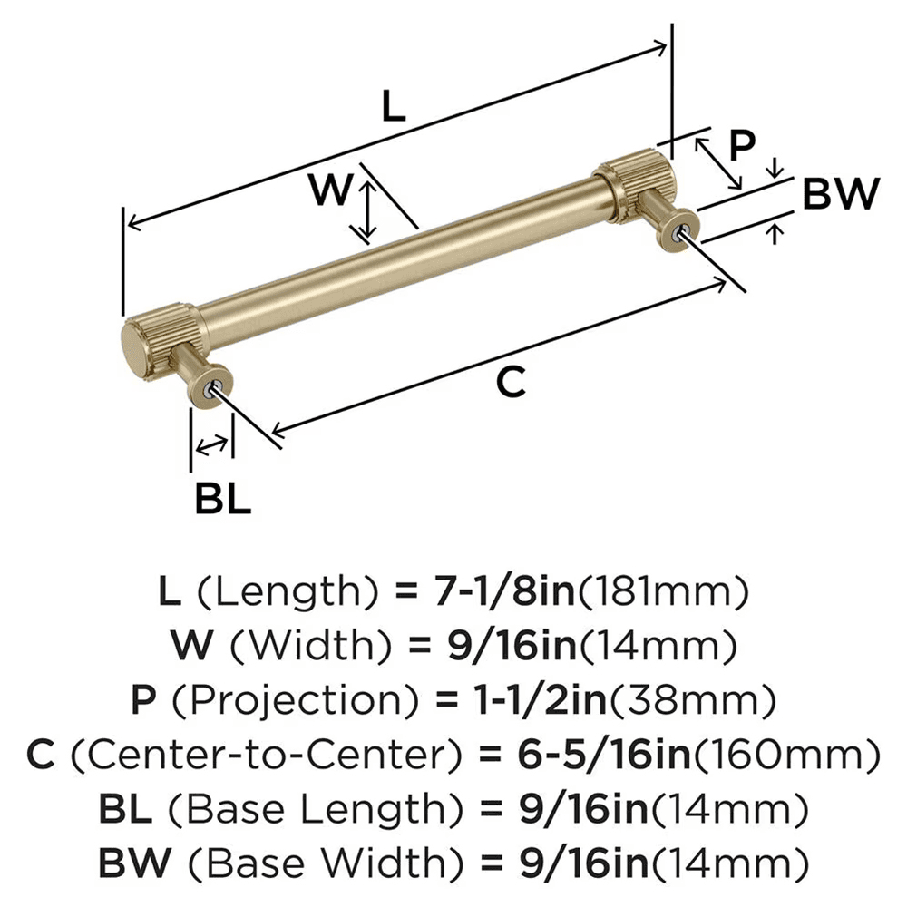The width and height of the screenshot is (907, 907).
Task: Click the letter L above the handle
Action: pos(392,107)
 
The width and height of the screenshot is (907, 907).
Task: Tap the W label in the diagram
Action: pos(328,191)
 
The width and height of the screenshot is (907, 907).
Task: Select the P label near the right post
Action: pos(742,146)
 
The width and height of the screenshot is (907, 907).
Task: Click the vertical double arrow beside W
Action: pos(366,211)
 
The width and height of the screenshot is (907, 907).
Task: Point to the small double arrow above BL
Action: pos(211,444)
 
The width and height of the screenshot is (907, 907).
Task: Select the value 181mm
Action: pos(664,592)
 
